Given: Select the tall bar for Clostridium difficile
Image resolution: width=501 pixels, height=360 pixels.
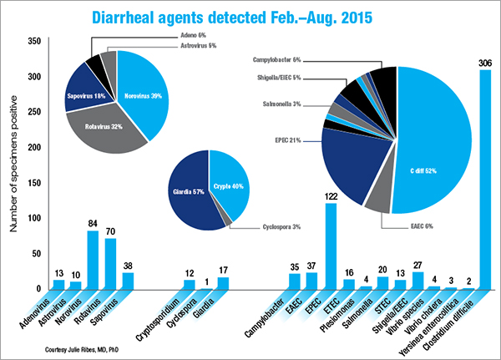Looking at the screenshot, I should click(x=484, y=180).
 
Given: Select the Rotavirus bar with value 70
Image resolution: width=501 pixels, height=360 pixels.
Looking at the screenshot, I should click(x=110, y=264).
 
